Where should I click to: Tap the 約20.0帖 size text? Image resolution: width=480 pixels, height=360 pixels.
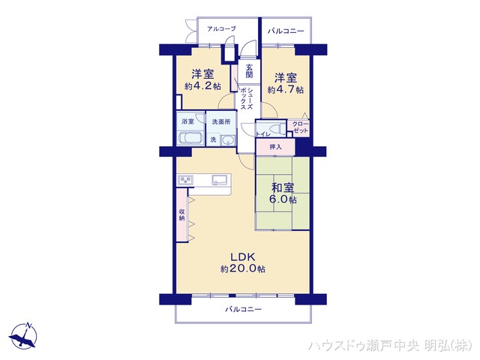click(x=242, y=269)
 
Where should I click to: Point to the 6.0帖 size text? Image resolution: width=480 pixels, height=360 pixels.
click(x=283, y=200)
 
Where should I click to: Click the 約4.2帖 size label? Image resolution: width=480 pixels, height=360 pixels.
click(x=202, y=87)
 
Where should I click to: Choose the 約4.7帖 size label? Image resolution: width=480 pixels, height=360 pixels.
click(x=285, y=89)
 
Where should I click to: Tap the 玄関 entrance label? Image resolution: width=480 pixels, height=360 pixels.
click(x=250, y=72)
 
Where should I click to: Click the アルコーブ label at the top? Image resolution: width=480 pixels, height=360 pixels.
click(x=221, y=29)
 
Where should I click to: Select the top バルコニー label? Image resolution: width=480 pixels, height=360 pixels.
click(x=286, y=31)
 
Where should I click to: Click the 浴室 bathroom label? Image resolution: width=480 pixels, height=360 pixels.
click(x=187, y=121)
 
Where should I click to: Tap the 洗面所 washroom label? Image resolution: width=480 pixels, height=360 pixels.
click(x=220, y=121)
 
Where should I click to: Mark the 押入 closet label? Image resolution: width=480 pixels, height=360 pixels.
click(x=275, y=147)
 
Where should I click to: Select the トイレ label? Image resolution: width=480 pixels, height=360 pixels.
click(x=263, y=133)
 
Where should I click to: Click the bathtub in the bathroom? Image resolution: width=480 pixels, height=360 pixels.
click(x=189, y=138)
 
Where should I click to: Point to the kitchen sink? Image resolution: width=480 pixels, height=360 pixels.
click(x=220, y=179)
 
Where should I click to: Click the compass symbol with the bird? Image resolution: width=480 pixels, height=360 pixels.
click(x=25, y=336)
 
